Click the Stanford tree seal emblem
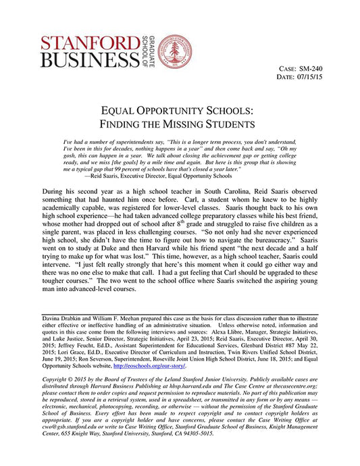[x=174, y=51]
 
